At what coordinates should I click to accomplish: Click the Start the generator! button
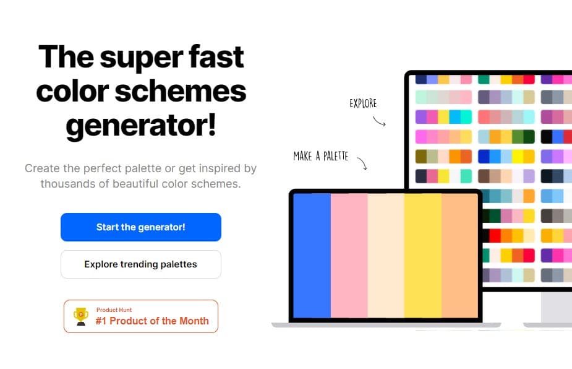[141, 227]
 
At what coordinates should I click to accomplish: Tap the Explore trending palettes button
[141, 264]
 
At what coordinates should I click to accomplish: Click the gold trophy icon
[80, 316]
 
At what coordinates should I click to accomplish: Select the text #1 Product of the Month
[152, 321]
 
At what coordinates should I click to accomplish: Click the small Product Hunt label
[114, 310]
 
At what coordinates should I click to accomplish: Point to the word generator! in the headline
[141, 126]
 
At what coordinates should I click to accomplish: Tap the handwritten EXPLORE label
[363, 103]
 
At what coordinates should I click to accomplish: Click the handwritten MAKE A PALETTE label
[321, 157]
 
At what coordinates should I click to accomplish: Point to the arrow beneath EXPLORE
[379, 121]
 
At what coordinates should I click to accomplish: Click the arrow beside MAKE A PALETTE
[362, 163]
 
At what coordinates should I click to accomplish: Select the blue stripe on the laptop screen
[312, 256]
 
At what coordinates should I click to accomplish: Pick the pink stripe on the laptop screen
[349, 256]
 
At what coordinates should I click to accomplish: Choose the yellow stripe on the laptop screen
[423, 256]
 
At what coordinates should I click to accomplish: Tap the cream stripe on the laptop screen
[386, 256]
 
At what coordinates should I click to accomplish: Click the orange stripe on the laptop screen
[459, 256]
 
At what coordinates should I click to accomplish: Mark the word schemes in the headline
[181, 92]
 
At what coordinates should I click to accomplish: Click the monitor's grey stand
[556, 307]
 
